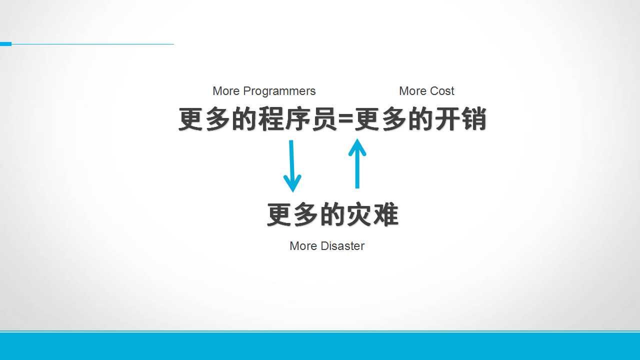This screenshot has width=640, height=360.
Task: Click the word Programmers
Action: point(279,91)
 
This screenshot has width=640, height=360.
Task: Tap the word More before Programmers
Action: point(226,91)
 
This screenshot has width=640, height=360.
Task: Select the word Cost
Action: point(442,91)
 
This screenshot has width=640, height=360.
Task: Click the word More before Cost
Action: point(412,91)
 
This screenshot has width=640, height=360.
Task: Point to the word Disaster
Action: point(343,246)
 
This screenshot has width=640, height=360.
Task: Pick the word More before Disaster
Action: point(303,246)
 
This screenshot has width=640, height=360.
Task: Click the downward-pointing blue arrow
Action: point(292,166)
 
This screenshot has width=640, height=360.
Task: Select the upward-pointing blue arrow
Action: point(357,163)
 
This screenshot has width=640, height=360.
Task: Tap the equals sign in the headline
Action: point(345,119)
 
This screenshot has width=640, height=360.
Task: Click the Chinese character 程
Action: point(271,119)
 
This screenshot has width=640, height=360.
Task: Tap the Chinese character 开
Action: point(447,119)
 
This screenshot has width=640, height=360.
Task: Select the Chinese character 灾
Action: point(359,214)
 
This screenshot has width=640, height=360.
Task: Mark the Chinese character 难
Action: point(385,214)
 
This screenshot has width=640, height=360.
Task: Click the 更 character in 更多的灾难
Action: point(279,214)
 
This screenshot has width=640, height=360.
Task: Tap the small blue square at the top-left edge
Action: point(5,44)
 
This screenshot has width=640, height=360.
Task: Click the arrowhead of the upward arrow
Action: point(357,146)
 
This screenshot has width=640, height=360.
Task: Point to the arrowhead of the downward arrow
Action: point(292,183)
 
